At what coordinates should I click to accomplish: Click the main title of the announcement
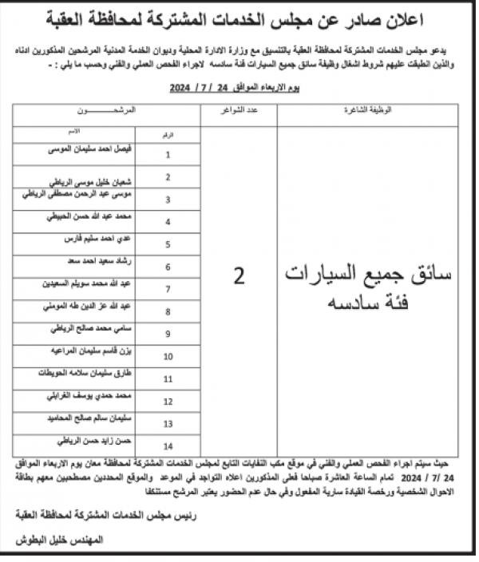tap(239, 18)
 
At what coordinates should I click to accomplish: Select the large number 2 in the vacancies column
tap(239, 276)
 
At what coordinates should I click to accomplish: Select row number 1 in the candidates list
tap(168, 155)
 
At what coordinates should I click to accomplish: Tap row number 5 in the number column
tap(168, 244)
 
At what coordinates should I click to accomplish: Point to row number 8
tap(168, 311)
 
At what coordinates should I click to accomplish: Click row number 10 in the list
tap(168, 356)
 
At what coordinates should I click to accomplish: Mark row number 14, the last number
tap(168, 445)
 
